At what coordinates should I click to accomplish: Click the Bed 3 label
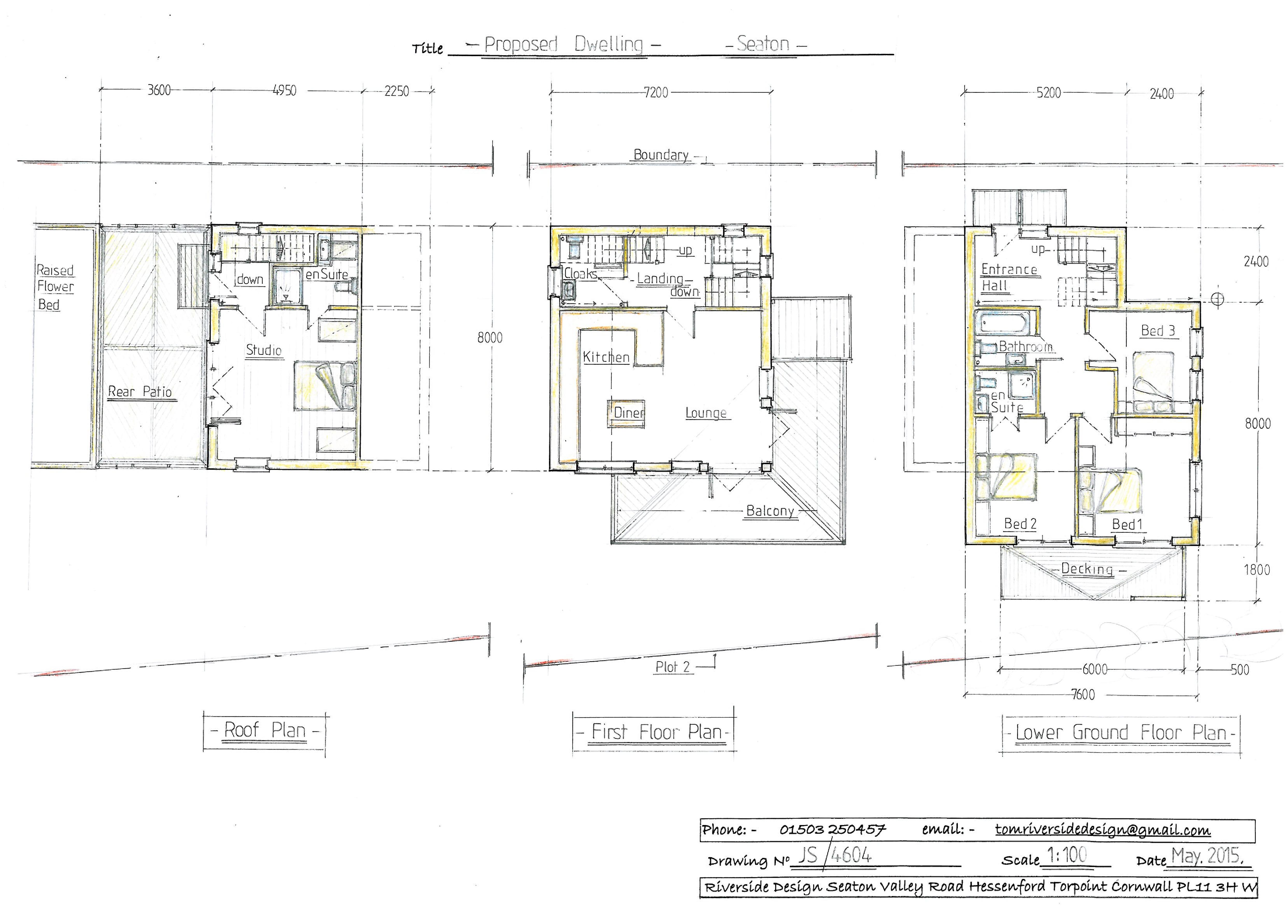[1158, 331]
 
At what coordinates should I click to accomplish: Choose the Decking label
[1087, 570]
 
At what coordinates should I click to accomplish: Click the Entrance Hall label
[1008, 277]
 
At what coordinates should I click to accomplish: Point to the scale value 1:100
[1066, 855]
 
